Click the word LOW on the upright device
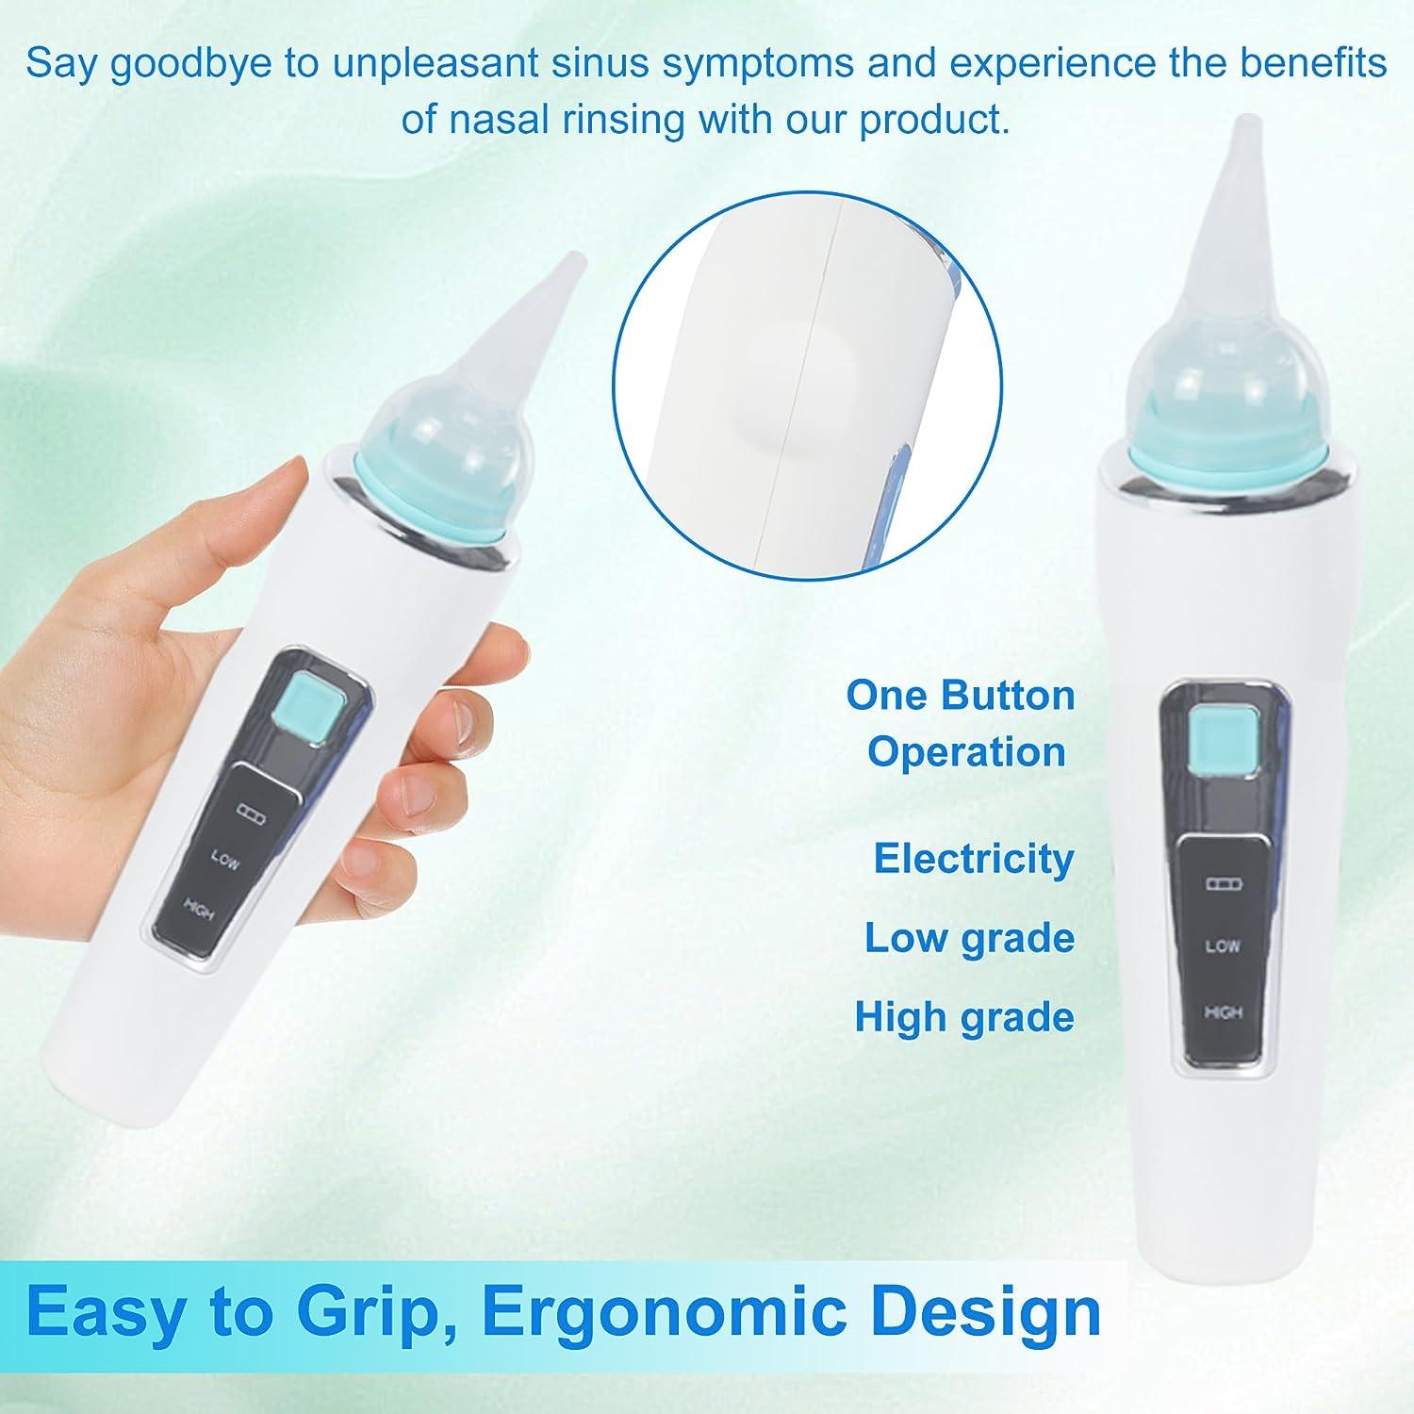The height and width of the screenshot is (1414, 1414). coord(1223,945)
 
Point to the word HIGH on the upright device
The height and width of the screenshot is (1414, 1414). coord(1223,1012)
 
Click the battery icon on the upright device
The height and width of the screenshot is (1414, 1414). coord(1224,884)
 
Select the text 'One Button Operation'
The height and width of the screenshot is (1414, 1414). coord(962,723)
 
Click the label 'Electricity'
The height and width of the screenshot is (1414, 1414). coord(974,859)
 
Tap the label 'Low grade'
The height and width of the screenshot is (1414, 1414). coord(970,938)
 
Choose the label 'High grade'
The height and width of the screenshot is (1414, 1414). coord(964,1017)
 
